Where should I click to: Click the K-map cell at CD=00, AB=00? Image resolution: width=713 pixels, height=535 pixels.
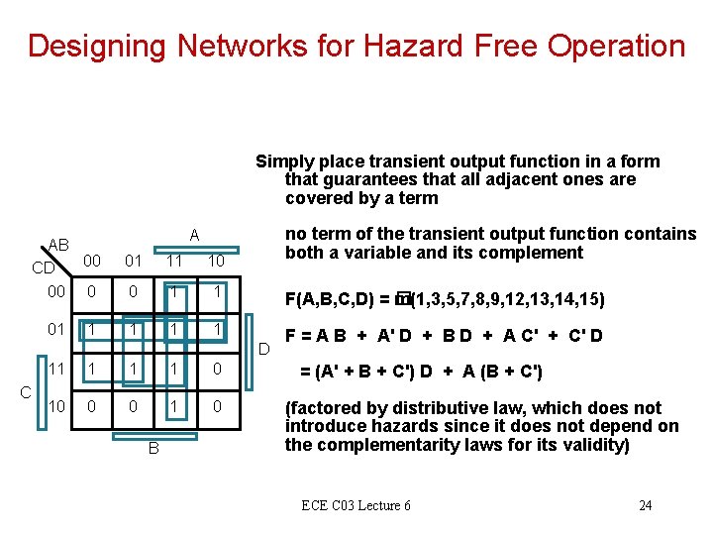[92, 293]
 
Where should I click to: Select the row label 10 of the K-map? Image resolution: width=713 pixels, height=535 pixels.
[57, 407]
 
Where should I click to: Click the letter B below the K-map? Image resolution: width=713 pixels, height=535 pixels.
[153, 449]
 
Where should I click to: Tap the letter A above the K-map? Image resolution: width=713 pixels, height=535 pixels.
[194, 235]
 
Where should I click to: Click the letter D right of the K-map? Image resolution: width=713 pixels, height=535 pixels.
[263, 348]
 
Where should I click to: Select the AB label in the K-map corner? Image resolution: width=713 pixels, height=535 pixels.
[58, 245]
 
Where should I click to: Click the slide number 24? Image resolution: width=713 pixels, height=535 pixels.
[645, 506]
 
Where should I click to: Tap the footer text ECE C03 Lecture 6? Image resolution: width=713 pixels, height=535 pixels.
[356, 506]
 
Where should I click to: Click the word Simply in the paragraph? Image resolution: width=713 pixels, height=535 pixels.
[281, 161]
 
